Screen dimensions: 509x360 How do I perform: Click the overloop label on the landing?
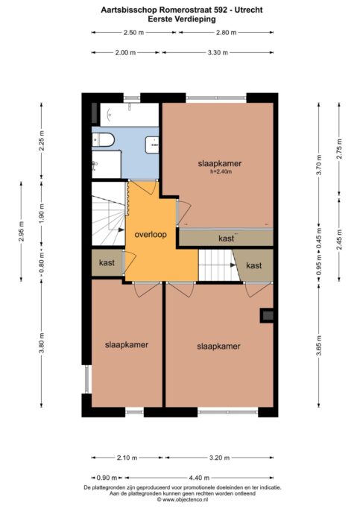150,235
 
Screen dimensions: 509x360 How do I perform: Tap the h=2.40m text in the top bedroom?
220,172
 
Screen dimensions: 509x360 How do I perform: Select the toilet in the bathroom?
104,139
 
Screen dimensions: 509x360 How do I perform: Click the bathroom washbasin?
152,142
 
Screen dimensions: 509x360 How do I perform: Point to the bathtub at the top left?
125,115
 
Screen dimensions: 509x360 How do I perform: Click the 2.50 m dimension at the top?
131,32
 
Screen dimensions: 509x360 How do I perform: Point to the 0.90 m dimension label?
108,478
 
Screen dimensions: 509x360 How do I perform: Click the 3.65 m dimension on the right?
318,346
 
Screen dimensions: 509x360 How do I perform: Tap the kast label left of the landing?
106,264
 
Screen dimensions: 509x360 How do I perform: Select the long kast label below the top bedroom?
225,238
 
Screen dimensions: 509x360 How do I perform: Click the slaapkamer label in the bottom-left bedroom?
126,344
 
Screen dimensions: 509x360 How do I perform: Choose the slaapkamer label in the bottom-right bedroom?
218,347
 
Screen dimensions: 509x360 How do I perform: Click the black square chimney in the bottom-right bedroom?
266,315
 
